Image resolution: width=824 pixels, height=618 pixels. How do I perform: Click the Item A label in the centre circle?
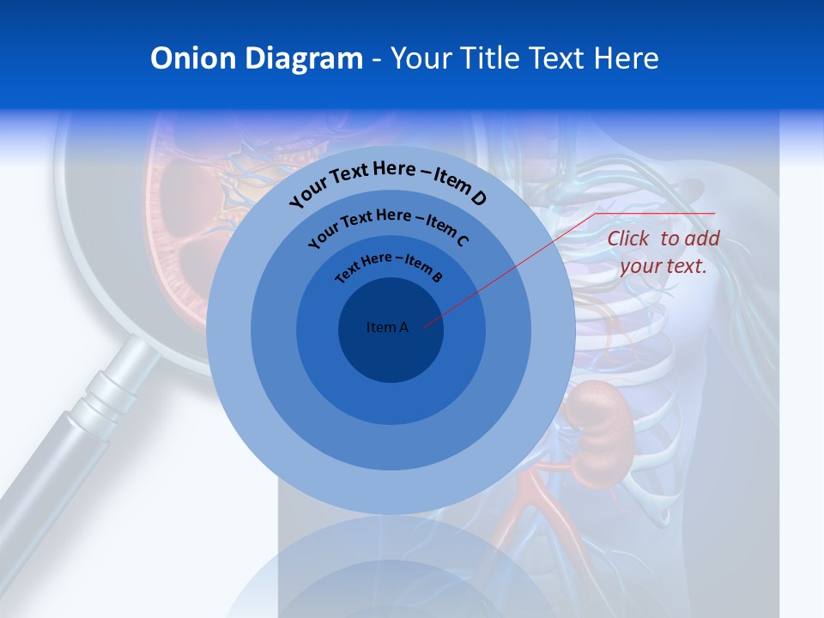coord(387,327)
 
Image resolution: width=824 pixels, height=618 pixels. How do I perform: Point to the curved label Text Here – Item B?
coord(389,265)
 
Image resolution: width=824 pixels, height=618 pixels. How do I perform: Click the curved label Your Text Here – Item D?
coord(388,181)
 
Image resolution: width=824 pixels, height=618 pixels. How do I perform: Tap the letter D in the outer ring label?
coord(478,199)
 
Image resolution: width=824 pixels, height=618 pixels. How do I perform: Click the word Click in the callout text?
coord(629,239)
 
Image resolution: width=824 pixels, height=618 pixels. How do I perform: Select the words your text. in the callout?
coord(663,266)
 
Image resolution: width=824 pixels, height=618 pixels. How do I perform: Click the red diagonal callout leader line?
coord(515,266)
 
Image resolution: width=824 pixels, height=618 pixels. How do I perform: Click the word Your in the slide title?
coord(423,58)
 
